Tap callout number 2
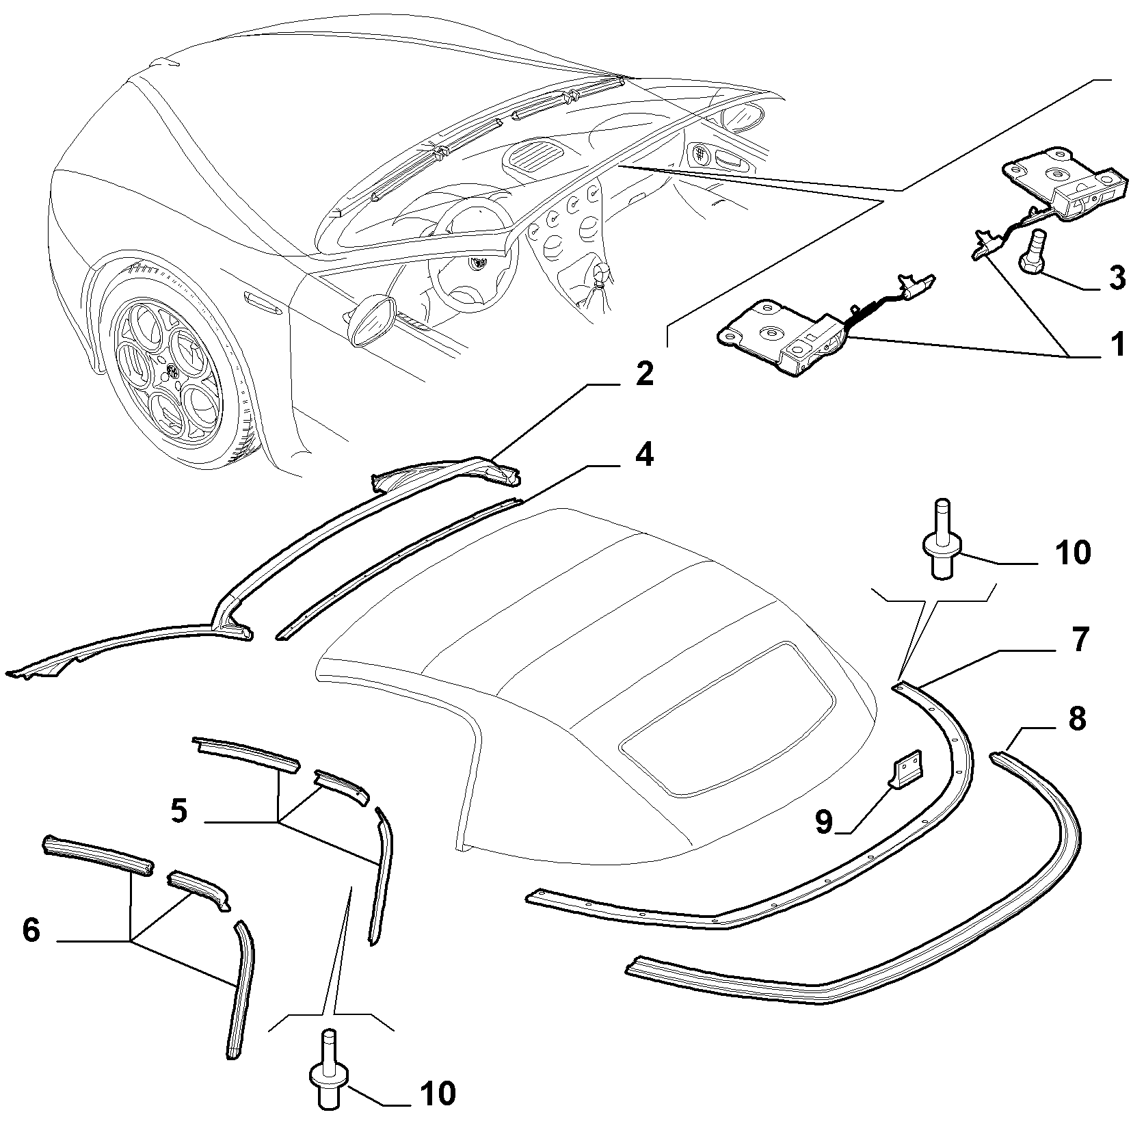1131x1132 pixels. pos(643,376)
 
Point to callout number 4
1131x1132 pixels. pos(643,454)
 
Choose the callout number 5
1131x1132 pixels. pos(179,811)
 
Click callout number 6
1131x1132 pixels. pos(31,930)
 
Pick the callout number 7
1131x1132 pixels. pos(1078,640)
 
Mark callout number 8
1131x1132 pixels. pos(1077,719)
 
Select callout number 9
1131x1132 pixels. pos(824,821)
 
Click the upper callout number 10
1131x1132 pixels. pos(1072,553)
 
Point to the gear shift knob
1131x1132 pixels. pos(602,274)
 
